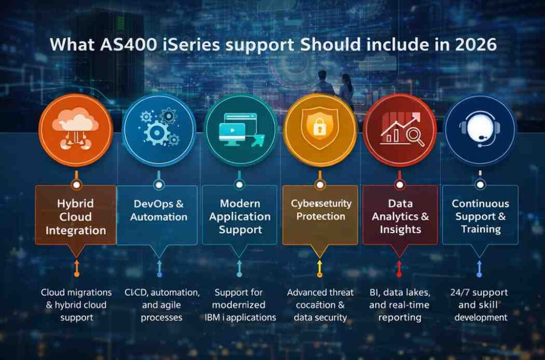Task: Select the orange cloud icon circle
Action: (x=77, y=129)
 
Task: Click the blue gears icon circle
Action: (x=158, y=129)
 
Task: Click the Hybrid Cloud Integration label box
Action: (x=76, y=216)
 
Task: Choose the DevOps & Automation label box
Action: (x=159, y=211)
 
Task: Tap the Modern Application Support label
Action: (x=240, y=216)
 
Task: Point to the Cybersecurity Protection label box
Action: (x=320, y=210)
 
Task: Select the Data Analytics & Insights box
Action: (x=400, y=216)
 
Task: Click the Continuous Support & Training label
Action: (x=480, y=216)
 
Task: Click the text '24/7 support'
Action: (x=481, y=292)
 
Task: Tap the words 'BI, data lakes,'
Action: (x=399, y=292)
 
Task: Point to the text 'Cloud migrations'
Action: (x=76, y=292)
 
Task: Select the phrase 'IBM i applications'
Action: (x=240, y=317)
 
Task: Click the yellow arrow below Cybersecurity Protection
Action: (x=319, y=268)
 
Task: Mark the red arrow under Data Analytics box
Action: (x=399, y=268)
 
